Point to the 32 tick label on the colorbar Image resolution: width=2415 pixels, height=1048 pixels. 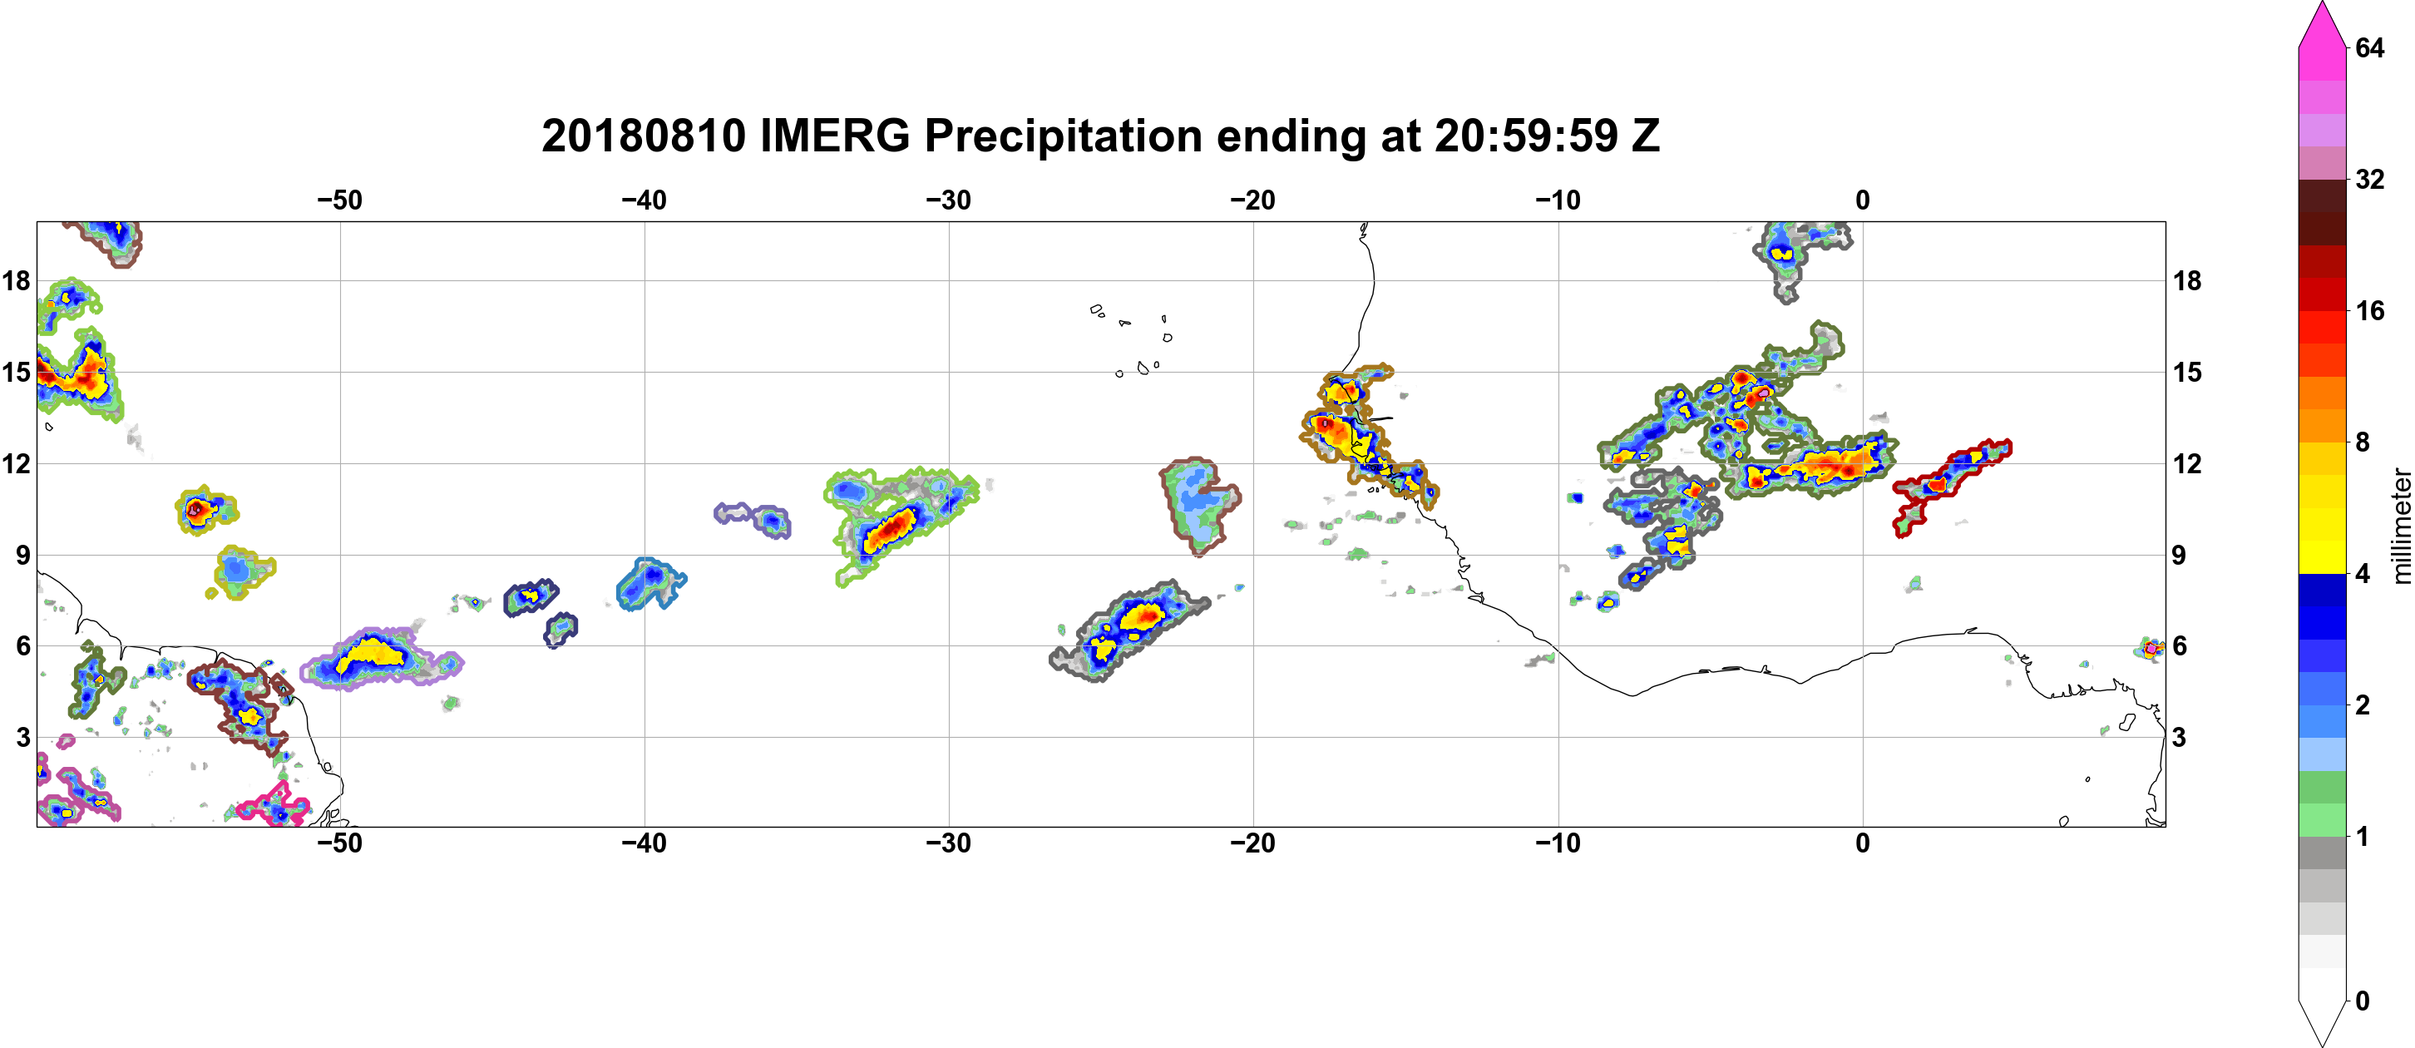click(2370, 179)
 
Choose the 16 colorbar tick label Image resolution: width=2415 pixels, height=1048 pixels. click(2370, 310)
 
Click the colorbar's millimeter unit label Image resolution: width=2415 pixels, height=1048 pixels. click(2401, 526)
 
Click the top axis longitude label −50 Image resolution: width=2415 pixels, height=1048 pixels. click(339, 200)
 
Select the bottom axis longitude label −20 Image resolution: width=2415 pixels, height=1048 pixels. click(1253, 843)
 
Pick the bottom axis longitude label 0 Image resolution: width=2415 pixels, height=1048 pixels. click(1863, 843)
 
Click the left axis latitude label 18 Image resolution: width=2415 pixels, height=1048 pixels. click(16, 280)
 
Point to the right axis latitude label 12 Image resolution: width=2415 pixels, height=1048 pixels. click(2188, 463)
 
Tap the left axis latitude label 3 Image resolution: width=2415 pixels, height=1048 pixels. click(22, 737)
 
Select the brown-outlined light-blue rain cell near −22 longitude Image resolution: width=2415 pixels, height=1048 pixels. click(1198, 504)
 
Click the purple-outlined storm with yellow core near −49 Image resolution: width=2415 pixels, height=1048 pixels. click(380, 658)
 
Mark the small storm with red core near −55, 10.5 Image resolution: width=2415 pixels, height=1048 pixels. click(205, 510)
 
